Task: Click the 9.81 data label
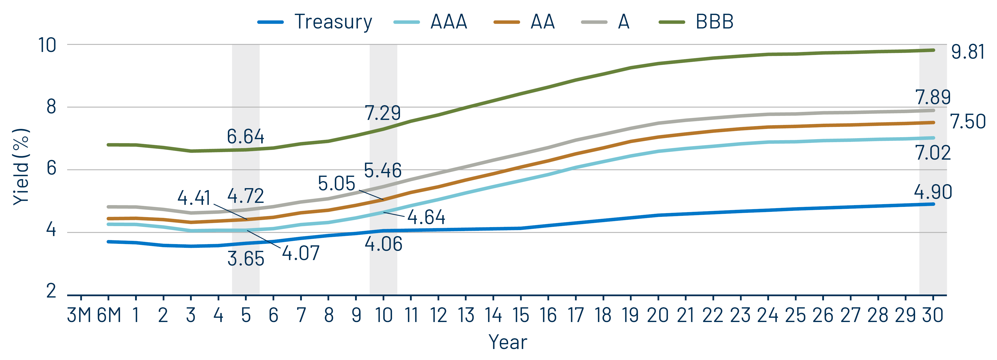(x=968, y=52)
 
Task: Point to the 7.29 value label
(x=382, y=113)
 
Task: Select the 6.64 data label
(x=245, y=137)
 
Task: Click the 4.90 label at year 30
(x=933, y=192)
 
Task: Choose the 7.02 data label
(x=933, y=153)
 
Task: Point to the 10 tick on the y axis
(x=47, y=45)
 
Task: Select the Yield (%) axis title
(x=21, y=166)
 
